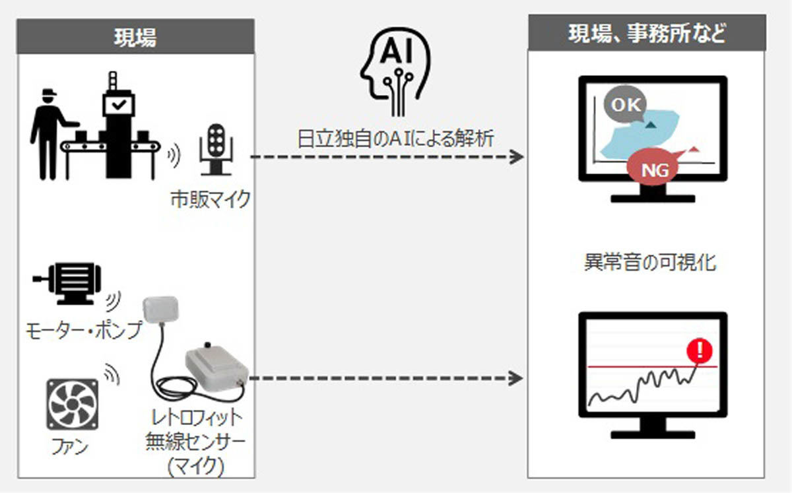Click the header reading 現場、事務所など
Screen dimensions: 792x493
click(x=647, y=34)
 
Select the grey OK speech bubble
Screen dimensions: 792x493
click(x=625, y=104)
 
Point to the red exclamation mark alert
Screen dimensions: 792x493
click(x=700, y=350)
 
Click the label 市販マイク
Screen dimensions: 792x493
click(x=211, y=199)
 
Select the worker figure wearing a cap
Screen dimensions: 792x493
click(x=49, y=134)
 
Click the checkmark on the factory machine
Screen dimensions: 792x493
click(x=119, y=104)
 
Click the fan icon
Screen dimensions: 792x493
click(x=73, y=404)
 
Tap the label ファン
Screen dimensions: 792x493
click(x=70, y=446)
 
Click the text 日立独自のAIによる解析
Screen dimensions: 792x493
click(x=395, y=139)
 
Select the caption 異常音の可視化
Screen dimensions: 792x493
click(x=650, y=263)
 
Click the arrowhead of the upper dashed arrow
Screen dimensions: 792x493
click(x=517, y=156)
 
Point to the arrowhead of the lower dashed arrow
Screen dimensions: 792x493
click(x=516, y=378)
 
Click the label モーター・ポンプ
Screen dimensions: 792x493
click(x=84, y=331)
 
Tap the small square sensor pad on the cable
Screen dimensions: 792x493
click(x=160, y=310)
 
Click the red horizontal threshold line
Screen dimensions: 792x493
click(x=652, y=367)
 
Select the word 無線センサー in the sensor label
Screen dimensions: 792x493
click(x=195, y=442)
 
